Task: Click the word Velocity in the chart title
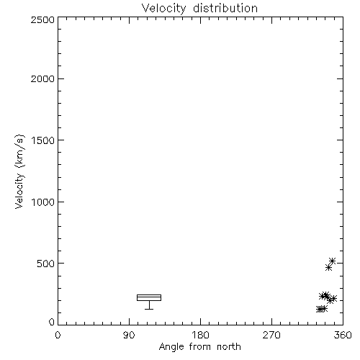point(163,9)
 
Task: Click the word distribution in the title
point(225,8)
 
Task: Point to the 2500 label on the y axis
point(42,19)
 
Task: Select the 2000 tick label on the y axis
point(42,79)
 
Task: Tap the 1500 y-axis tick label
point(43,140)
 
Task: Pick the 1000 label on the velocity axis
point(43,202)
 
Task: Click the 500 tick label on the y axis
point(45,264)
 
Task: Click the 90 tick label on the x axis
point(129,335)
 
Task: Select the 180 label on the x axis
point(200,335)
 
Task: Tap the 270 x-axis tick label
point(271,335)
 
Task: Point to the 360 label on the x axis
point(343,335)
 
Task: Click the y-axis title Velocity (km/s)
point(19,171)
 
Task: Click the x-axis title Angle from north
point(200,347)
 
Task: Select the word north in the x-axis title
point(229,347)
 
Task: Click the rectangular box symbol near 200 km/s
point(149,294)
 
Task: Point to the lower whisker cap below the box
point(149,309)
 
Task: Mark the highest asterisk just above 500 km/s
point(332,261)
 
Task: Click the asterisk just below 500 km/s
point(328,267)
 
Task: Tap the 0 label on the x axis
point(58,335)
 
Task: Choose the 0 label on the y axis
point(52,322)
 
